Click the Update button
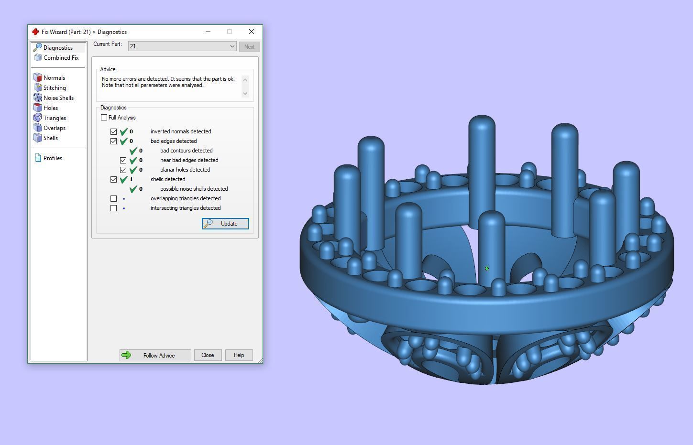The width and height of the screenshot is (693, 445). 225,224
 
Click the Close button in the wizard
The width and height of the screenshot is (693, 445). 208,355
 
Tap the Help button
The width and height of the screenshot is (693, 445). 239,355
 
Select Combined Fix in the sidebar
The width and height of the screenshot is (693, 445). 61,58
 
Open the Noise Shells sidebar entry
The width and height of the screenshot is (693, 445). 58,98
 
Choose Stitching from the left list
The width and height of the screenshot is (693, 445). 55,88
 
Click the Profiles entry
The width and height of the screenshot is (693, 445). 53,158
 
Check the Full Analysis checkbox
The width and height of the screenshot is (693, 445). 104,118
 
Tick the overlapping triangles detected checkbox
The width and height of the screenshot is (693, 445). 113,198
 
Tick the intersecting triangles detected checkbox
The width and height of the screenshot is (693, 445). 113,208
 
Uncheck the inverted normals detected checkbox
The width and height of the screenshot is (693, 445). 113,131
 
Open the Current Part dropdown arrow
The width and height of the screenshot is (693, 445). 232,46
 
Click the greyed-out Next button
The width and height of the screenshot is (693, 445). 249,47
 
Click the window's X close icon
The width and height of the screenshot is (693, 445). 252,32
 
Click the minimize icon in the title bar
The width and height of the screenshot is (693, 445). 208,32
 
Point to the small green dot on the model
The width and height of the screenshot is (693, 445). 487,269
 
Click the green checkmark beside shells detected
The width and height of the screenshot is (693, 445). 123,180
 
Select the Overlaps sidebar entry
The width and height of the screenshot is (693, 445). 54,128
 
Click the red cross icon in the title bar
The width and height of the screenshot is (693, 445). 35,32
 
